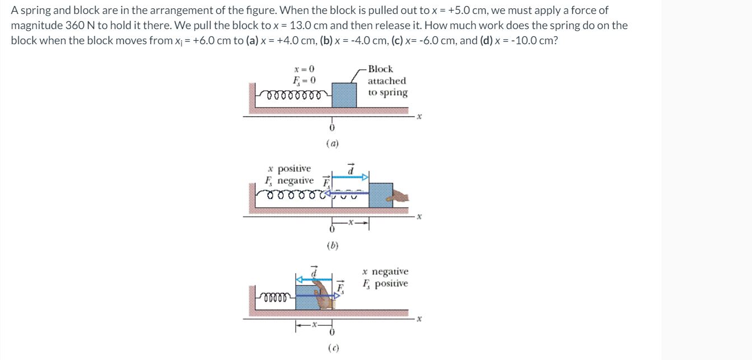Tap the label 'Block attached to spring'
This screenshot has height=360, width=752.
pos(387,81)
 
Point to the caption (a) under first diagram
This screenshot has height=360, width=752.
pos(332,144)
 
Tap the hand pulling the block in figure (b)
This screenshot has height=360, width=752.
pos(401,196)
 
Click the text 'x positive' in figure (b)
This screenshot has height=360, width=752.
pos(289,169)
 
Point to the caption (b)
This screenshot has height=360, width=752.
pos(332,245)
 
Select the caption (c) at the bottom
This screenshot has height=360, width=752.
pos(332,348)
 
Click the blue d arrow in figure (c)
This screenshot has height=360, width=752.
pos(314,278)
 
